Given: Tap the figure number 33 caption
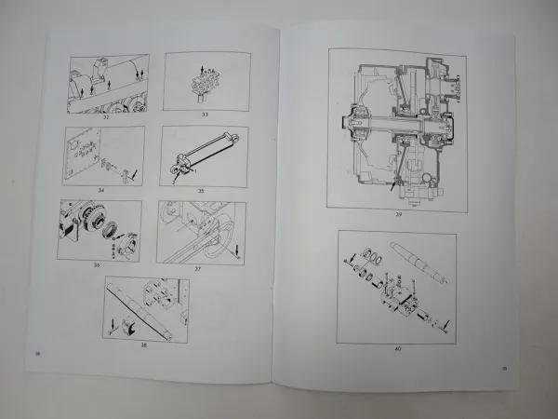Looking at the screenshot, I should pyautogui.click(x=206, y=115).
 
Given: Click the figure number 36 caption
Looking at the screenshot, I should pyautogui.click(x=96, y=264).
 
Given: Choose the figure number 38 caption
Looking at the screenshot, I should pyautogui.click(x=143, y=344).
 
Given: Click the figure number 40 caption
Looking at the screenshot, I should pyautogui.click(x=398, y=348).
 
